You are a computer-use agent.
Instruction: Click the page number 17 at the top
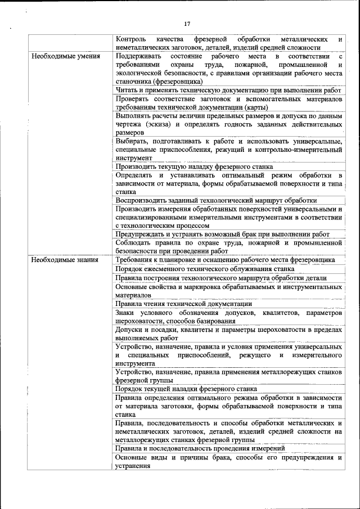click(187, 24)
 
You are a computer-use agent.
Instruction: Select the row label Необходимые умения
click(66, 57)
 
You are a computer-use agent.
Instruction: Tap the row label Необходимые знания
click(65, 260)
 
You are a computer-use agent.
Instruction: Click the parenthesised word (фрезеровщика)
click(175, 81)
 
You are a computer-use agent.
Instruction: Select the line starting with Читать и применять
click(228, 90)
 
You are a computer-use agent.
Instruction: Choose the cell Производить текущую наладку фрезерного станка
click(194, 166)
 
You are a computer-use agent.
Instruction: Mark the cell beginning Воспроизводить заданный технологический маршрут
click(216, 200)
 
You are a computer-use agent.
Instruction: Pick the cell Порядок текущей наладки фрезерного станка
click(186, 389)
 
